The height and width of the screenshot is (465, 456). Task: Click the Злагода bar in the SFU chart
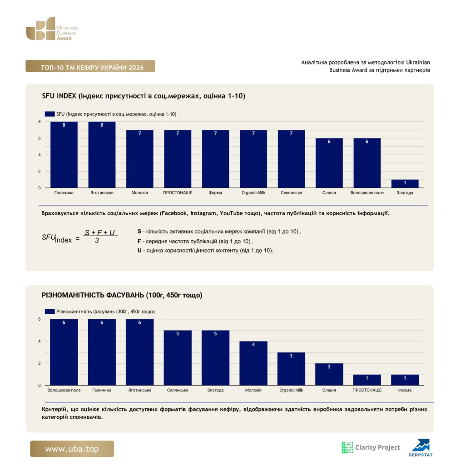point(405,183)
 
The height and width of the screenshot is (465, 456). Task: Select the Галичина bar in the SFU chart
point(64,154)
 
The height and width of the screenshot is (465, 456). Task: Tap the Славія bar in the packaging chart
point(329,374)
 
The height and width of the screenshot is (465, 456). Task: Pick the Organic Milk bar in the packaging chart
point(291,369)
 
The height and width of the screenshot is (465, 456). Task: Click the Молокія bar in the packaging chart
point(253,363)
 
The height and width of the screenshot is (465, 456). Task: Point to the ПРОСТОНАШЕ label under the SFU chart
point(178,193)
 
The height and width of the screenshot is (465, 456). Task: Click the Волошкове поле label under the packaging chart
point(64,390)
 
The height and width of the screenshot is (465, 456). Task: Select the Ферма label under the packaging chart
point(405,390)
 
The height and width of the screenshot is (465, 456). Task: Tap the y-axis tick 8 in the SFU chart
point(40,122)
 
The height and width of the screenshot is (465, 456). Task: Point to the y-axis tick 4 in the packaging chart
point(40,341)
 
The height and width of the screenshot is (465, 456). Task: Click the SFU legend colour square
point(50,114)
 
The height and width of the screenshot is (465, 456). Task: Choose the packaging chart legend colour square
point(50,312)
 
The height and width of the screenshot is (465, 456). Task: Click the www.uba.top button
point(72,449)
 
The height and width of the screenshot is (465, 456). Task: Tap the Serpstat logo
point(421,448)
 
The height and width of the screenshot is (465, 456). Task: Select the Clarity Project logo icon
point(347,447)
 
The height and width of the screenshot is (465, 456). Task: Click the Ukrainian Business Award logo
point(52,29)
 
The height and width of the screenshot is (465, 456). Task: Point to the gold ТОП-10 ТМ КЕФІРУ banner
point(90,66)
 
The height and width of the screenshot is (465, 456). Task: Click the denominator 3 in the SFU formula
point(97,241)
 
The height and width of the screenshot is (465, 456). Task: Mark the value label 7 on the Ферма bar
point(215,134)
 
